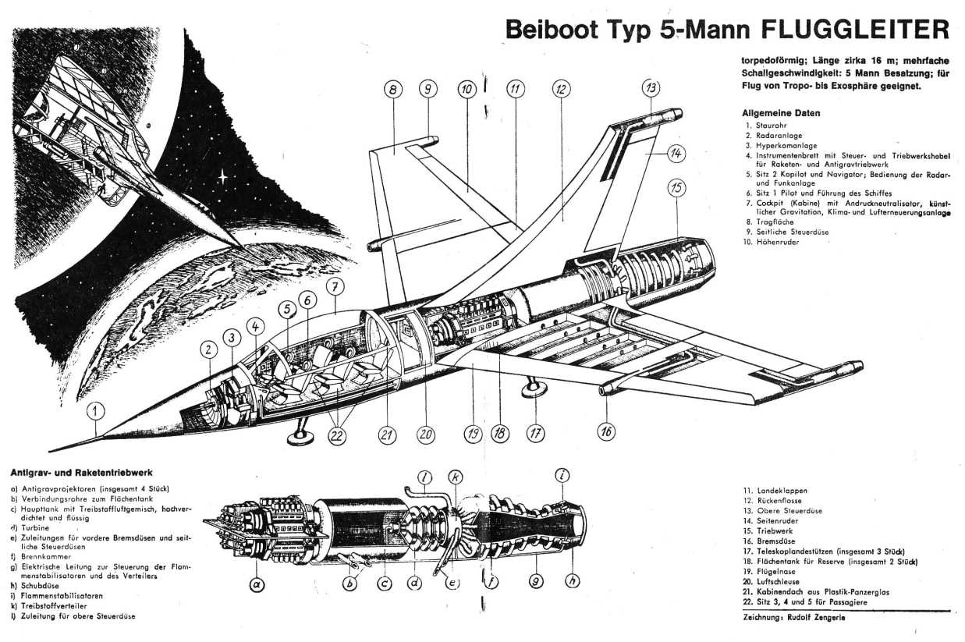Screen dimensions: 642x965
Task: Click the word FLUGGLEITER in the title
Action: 855,29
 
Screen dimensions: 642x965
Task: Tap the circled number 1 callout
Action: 96,411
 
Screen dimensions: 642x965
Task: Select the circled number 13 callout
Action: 651,89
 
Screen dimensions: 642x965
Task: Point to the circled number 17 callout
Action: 535,434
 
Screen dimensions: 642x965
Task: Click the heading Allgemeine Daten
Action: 780,113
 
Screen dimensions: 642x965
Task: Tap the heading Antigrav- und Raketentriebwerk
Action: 81,473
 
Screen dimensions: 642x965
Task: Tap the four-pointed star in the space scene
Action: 223,177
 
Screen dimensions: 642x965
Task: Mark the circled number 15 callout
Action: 676,187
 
